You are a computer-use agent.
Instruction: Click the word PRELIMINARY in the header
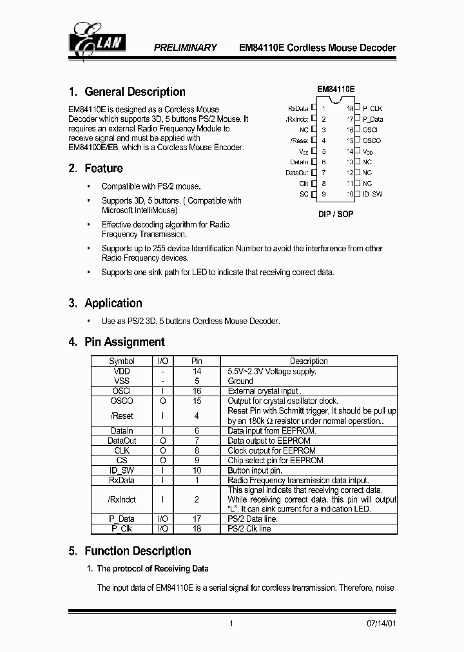(x=185, y=48)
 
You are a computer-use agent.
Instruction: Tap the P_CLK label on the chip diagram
(x=372, y=109)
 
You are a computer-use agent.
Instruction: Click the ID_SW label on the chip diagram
(x=372, y=194)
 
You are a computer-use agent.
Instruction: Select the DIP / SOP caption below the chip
(x=336, y=214)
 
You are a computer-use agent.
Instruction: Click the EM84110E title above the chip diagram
(x=336, y=90)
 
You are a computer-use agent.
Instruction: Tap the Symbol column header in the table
(x=122, y=361)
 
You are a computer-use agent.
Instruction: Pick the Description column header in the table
(x=309, y=361)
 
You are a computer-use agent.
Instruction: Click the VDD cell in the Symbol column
(x=122, y=371)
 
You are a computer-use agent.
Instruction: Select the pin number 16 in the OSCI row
(x=197, y=391)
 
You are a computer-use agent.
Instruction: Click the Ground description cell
(x=240, y=381)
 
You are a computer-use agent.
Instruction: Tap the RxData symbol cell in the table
(x=122, y=480)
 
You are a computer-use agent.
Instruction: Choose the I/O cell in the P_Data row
(x=163, y=519)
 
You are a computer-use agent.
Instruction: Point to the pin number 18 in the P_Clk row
(x=197, y=528)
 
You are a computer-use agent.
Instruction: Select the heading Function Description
(x=137, y=551)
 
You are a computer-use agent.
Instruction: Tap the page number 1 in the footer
(x=231, y=624)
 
